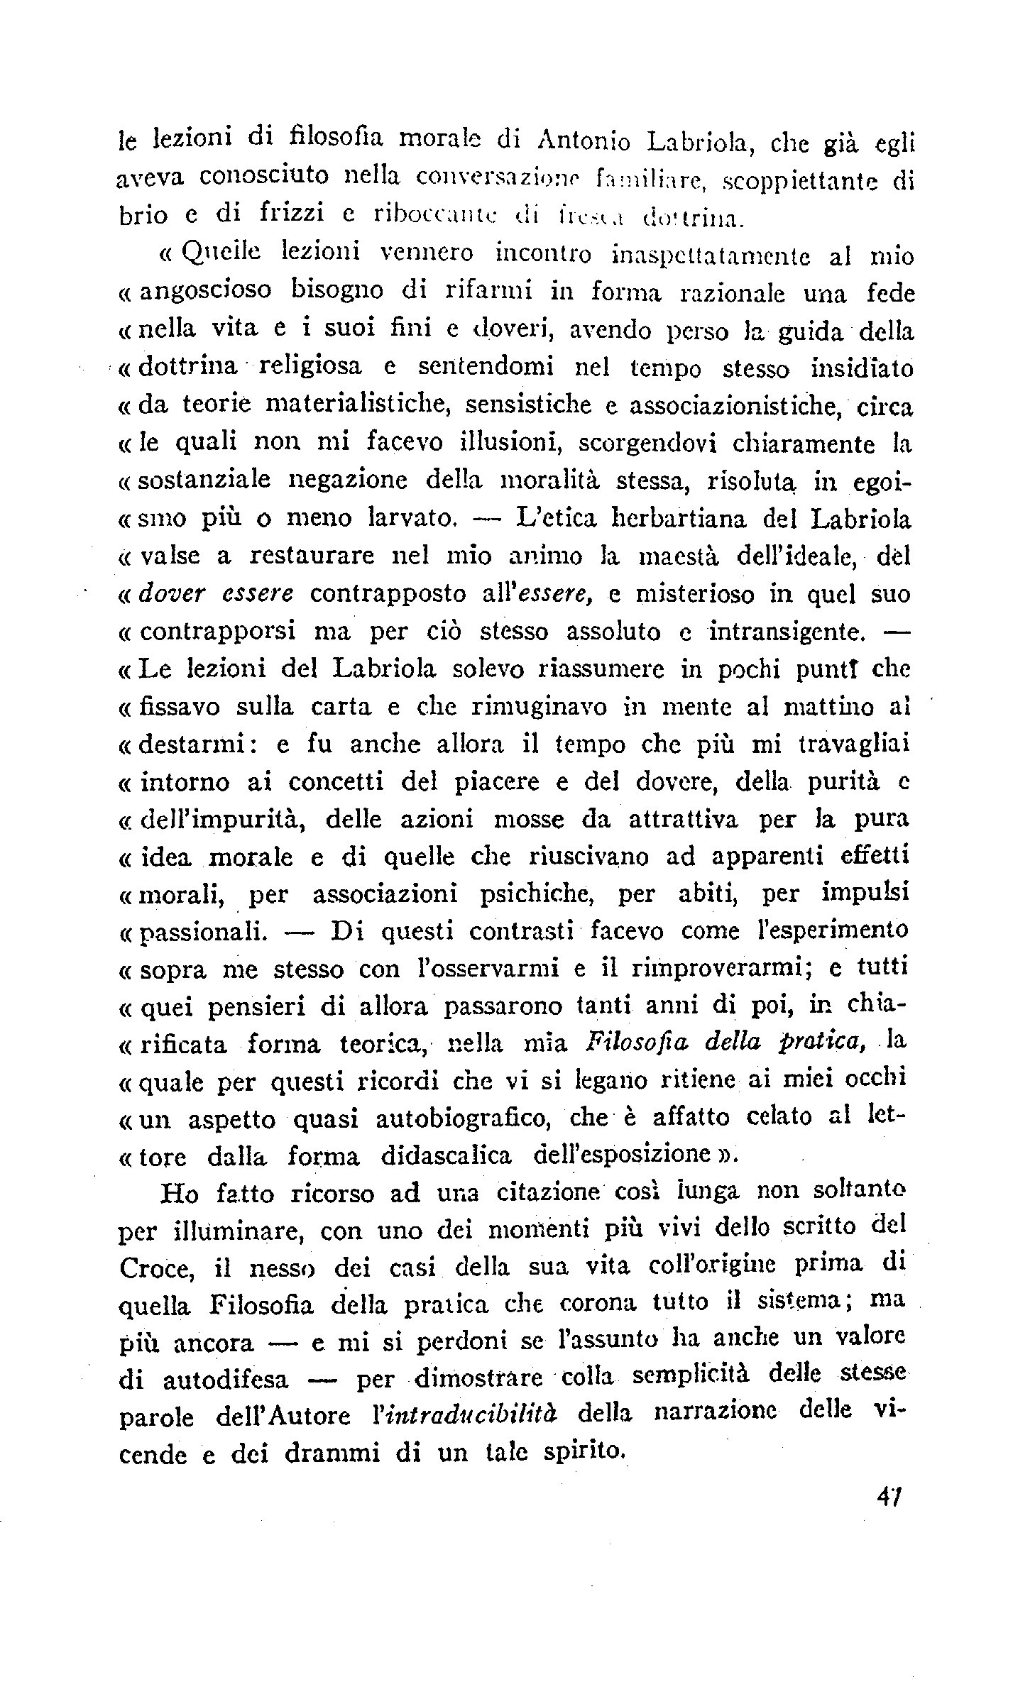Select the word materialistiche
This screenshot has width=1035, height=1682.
[x=352, y=405]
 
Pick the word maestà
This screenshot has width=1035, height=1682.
[x=672, y=556]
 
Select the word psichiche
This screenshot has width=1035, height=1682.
[x=531, y=894]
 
